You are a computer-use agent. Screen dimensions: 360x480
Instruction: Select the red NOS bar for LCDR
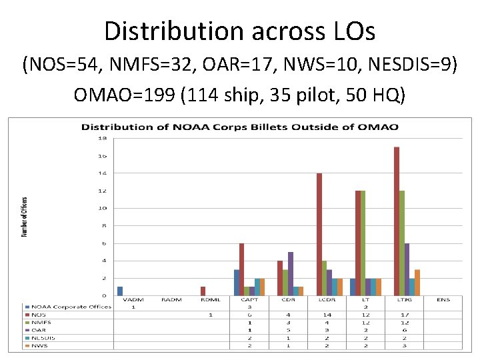pyautogui.click(x=319, y=234)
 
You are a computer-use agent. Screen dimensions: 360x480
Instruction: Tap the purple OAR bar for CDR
pyautogui.click(x=291, y=273)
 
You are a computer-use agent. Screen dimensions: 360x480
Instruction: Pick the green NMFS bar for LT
pyautogui.click(x=363, y=243)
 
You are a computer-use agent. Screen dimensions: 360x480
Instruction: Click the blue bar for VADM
pyautogui.click(x=120, y=291)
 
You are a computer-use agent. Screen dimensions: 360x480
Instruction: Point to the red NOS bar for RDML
pyautogui.click(x=203, y=291)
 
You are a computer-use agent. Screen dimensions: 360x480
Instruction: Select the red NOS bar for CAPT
pyautogui.click(x=241, y=269)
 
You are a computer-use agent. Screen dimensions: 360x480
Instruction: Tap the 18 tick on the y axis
pyautogui.click(x=103, y=139)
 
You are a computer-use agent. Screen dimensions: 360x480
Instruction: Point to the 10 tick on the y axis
pyautogui.click(x=103, y=208)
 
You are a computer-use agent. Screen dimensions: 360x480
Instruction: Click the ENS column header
pyautogui.click(x=443, y=300)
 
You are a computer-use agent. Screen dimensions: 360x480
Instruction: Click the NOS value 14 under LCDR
pyautogui.click(x=327, y=315)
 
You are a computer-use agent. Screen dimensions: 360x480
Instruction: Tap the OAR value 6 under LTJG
pyautogui.click(x=404, y=330)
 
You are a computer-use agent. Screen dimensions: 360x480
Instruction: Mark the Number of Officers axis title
pyautogui.click(x=25, y=217)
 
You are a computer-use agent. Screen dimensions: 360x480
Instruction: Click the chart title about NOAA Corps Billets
pyautogui.click(x=240, y=127)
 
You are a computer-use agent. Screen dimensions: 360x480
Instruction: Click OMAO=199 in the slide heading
pyautogui.click(x=118, y=94)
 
